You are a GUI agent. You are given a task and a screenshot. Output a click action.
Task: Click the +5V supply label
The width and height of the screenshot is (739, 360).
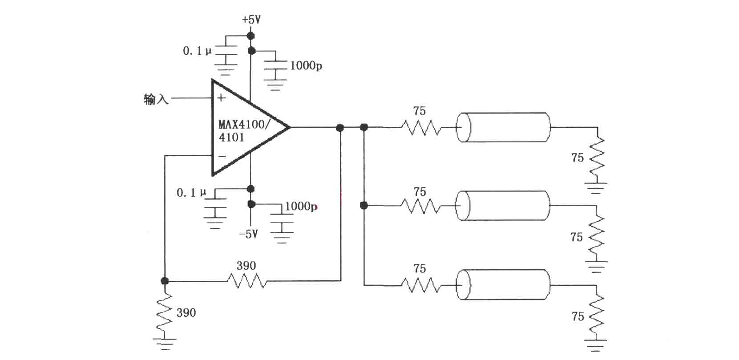coord(251,20)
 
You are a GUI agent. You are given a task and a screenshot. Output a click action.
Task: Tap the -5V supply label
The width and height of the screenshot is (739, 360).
coord(248,234)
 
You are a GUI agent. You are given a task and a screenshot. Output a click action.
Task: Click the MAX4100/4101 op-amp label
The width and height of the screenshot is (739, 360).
coord(244,131)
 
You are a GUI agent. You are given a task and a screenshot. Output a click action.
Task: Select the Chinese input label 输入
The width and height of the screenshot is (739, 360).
coord(156,99)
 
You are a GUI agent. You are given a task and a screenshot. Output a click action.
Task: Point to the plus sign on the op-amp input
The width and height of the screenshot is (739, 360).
coord(221,97)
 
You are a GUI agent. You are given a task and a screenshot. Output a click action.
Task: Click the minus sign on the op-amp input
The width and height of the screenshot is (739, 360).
coord(222,156)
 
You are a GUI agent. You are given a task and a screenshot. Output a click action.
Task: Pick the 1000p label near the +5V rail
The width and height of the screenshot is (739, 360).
coord(306,66)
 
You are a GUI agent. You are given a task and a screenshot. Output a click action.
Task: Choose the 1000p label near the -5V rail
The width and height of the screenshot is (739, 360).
coord(301,206)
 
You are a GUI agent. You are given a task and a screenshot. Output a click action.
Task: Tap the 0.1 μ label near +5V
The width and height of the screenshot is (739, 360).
coord(197,51)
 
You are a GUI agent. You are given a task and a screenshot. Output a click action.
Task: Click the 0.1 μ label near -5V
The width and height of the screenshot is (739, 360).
coord(191,193)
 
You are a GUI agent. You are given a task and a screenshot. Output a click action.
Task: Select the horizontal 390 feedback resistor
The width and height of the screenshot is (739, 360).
coord(247,282)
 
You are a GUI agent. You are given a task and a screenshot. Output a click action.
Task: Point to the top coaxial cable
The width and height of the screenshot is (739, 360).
coord(503,127)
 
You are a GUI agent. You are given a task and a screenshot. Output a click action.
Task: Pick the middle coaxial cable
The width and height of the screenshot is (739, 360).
coord(503,206)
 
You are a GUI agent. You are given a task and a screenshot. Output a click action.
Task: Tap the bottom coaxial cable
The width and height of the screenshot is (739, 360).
coord(503,284)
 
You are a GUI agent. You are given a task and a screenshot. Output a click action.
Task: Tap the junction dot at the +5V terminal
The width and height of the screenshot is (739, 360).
coord(251,36)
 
